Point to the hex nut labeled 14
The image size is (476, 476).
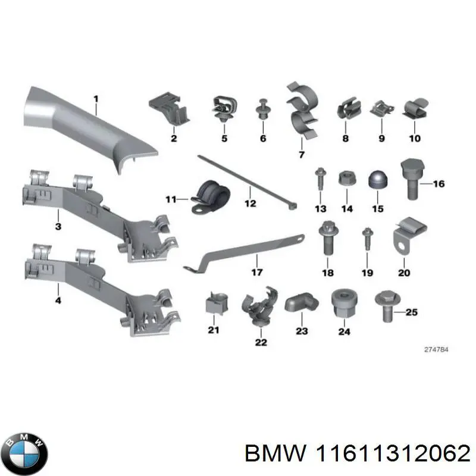tap(347, 180)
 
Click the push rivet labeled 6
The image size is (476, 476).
tap(262, 111)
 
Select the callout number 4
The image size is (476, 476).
tap(58, 300)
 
